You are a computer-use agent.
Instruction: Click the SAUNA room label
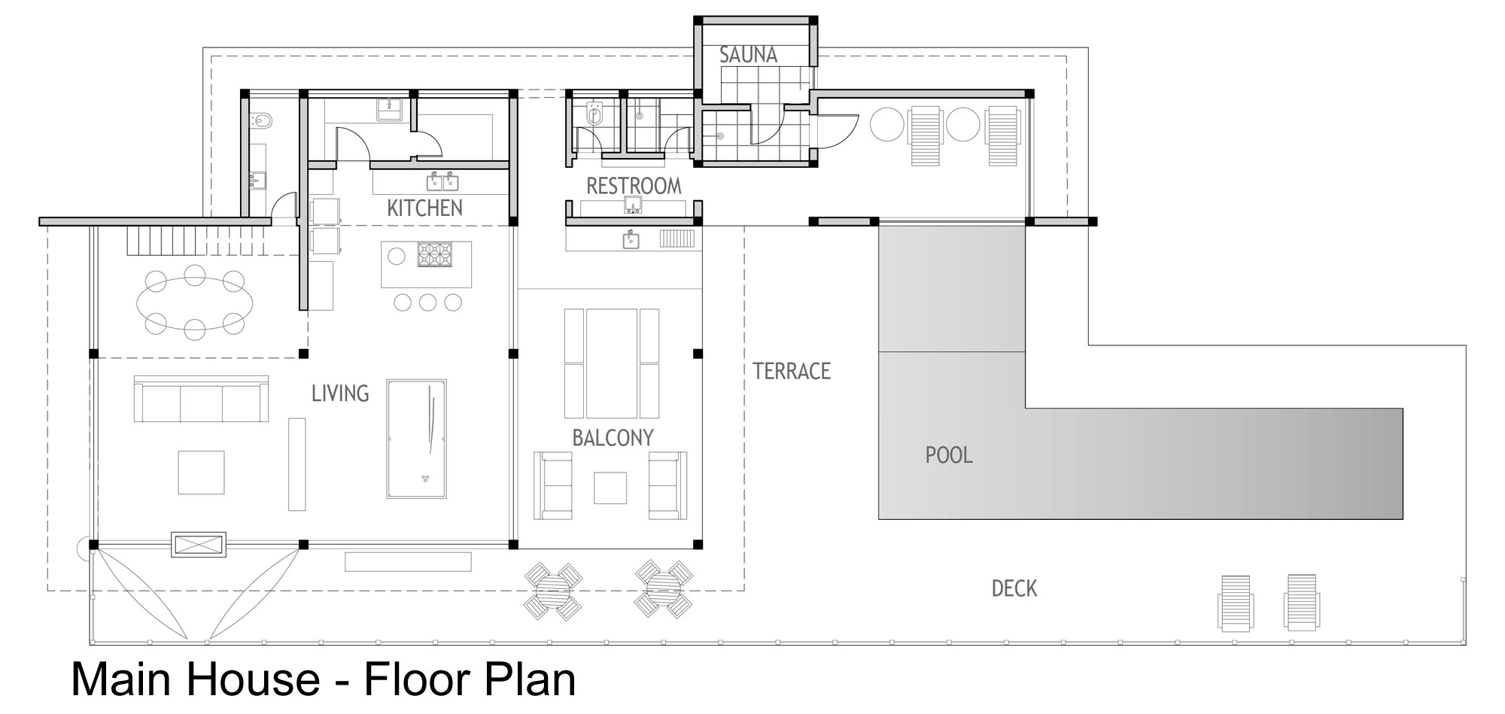[x=748, y=55]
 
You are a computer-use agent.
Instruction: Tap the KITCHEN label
[x=424, y=208]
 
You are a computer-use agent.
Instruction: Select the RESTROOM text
[x=634, y=186]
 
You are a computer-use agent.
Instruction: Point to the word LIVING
[x=340, y=393]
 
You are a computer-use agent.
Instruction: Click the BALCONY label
[x=613, y=438]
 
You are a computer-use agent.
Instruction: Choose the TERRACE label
[x=792, y=371]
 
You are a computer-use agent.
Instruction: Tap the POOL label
[x=949, y=455]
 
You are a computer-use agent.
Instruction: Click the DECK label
[x=1014, y=588]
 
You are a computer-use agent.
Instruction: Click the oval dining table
[x=194, y=303]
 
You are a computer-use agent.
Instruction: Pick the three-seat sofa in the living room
[x=201, y=399]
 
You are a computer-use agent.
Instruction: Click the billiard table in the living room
[x=417, y=439]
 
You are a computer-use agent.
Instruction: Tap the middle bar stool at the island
[x=427, y=302]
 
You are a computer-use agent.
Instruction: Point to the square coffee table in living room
[x=201, y=472]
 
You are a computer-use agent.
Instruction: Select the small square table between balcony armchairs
[x=610, y=488]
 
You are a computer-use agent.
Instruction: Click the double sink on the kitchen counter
[x=443, y=182]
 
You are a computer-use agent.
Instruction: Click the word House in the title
[x=251, y=679]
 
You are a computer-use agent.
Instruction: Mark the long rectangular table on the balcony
[x=611, y=363]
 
